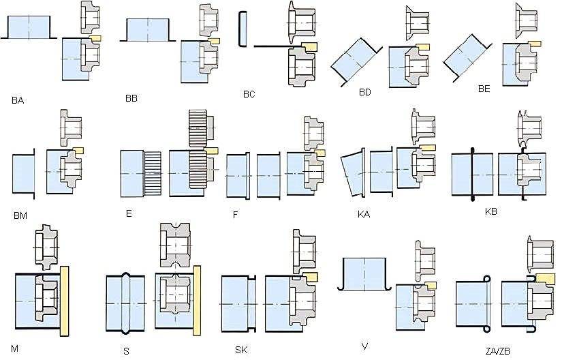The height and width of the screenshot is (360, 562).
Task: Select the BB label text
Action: [x=131, y=98]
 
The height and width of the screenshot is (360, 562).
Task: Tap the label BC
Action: [x=249, y=94]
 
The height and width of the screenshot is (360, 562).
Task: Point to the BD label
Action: [x=364, y=92]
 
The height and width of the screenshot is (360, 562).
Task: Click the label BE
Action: [x=484, y=89]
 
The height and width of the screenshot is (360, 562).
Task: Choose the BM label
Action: [x=20, y=215]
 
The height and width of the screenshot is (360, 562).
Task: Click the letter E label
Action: [x=129, y=213]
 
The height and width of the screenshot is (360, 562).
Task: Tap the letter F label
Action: [x=235, y=215]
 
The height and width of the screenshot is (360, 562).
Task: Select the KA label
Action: [x=364, y=214]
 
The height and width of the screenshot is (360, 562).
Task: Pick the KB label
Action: [x=490, y=211]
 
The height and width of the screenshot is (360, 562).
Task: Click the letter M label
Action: [x=14, y=348]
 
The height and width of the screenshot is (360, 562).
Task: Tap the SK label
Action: [x=241, y=350]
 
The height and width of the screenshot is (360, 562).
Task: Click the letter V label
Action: [x=365, y=346]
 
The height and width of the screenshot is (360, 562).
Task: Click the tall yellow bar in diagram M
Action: [x=65, y=300]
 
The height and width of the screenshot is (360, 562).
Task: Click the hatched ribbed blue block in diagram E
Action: [x=152, y=174]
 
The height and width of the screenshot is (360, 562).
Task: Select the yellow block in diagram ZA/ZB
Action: [x=545, y=277]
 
